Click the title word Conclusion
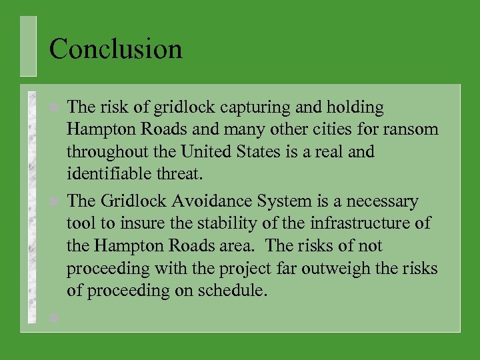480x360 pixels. (115, 49)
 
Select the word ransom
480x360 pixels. (415, 129)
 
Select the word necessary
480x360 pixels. (381, 201)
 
